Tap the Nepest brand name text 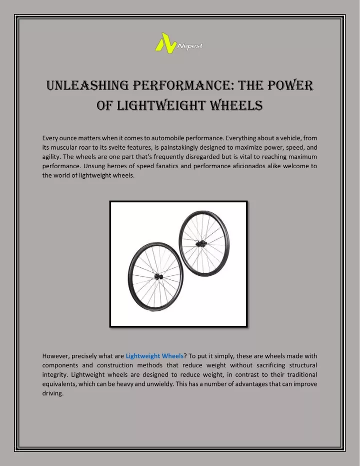(x=190, y=47)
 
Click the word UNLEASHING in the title (x=87, y=86)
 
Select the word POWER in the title (x=290, y=86)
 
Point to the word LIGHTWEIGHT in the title (x=161, y=106)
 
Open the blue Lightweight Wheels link (x=154, y=356)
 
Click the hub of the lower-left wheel (x=158, y=277)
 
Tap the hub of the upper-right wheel (x=200, y=244)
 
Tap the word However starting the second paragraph (x=56, y=356)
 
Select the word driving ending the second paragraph (x=53, y=393)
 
